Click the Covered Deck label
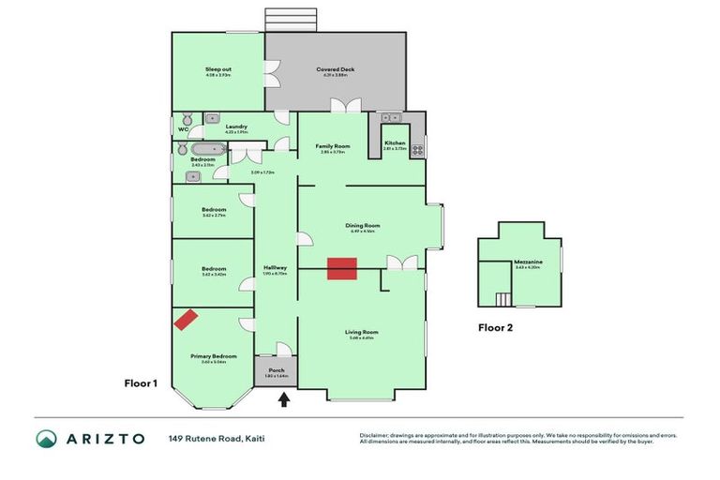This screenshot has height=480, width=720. (336, 69)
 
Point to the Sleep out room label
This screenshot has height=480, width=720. (218, 69)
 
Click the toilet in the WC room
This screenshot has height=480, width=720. (187, 119)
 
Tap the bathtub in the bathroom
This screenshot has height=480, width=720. (205, 148)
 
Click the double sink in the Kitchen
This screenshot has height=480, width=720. (390, 118)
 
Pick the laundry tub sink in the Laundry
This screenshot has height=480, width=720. (213, 118)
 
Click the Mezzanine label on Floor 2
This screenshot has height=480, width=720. (529, 262)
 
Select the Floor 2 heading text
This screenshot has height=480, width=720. (495, 328)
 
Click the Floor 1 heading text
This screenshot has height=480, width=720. (142, 382)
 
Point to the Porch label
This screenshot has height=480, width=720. (277, 370)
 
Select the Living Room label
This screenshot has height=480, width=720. (361, 332)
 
